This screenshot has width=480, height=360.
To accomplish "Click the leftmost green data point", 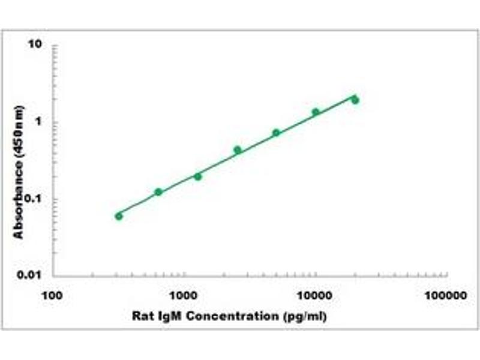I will pyautogui.click(x=119, y=216).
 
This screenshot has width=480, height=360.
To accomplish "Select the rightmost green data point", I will pyautogui.click(x=355, y=100).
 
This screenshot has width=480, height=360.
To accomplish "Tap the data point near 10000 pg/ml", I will pyautogui.click(x=316, y=112).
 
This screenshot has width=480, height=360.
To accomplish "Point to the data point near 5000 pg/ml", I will pyautogui.click(x=276, y=133).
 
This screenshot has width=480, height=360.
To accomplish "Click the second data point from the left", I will pyautogui.click(x=158, y=192).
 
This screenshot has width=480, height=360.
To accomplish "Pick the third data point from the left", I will pyautogui.click(x=198, y=176).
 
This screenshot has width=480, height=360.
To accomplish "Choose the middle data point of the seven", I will pyautogui.click(x=238, y=150).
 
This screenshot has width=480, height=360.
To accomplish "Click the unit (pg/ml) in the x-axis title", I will pyautogui.click(x=307, y=316).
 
